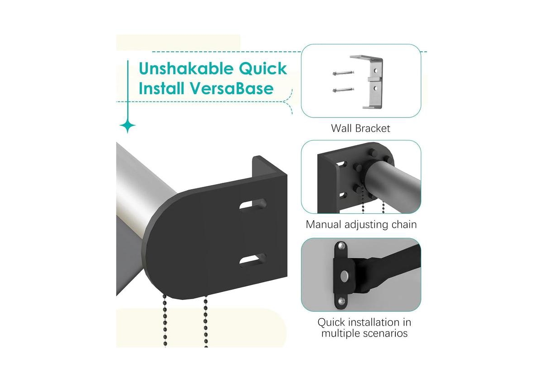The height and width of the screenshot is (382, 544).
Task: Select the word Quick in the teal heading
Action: tap(263, 69)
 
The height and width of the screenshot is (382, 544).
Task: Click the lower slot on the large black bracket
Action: tap(253, 260)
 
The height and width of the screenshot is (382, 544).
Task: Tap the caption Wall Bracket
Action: tap(360, 128)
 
